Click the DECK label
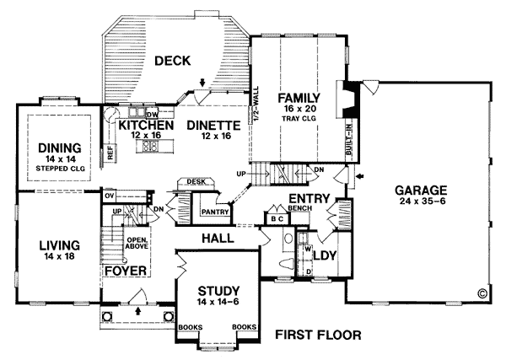tap(173, 61)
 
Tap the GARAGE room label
tap(421, 191)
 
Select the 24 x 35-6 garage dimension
tap(423, 201)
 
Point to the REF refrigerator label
tap(110, 153)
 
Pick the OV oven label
tap(109, 196)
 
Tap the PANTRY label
tap(215, 212)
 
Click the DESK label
tap(196, 182)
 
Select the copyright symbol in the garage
tap(482, 293)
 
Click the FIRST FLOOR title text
tap(318, 335)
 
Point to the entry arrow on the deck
tap(202, 83)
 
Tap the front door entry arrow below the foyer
tap(138, 310)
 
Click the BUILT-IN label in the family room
tap(349, 138)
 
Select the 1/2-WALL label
tap(256, 104)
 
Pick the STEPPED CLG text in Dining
tap(61, 169)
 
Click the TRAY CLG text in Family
tap(299, 118)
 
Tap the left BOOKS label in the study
tap(191, 327)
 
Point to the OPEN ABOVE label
tap(137, 243)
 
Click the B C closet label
tap(277, 219)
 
